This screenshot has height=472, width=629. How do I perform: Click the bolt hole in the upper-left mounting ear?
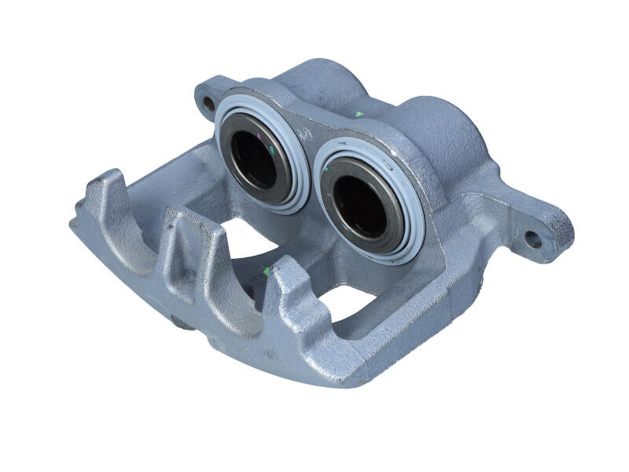coord(208,102)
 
